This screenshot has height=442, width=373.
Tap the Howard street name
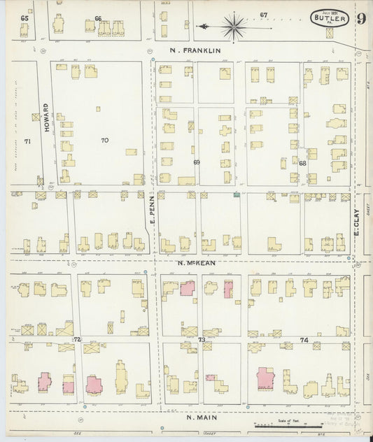pyautogui.click(x=46, y=118)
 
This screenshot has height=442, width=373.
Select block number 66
pyautogui.click(x=98, y=18)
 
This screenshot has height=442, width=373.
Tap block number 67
pyautogui.click(x=264, y=15)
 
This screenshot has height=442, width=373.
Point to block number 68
pyautogui.click(x=302, y=163)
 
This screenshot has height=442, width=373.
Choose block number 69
pyautogui.click(x=197, y=162)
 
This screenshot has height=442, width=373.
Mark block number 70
pyautogui.click(x=104, y=140)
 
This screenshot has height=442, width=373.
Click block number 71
pyautogui.click(x=27, y=141)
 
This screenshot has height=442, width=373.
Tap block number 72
pyautogui.click(x=78, y=339)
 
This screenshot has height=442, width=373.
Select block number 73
pyautogui.click(x=202, y=340)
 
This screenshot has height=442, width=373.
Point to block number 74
pyautogui.click(x=303, y=339)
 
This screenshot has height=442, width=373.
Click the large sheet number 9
pyautogui.click(x=360, y=19)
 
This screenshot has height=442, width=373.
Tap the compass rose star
pyautogui.click(x=234, y=27)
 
